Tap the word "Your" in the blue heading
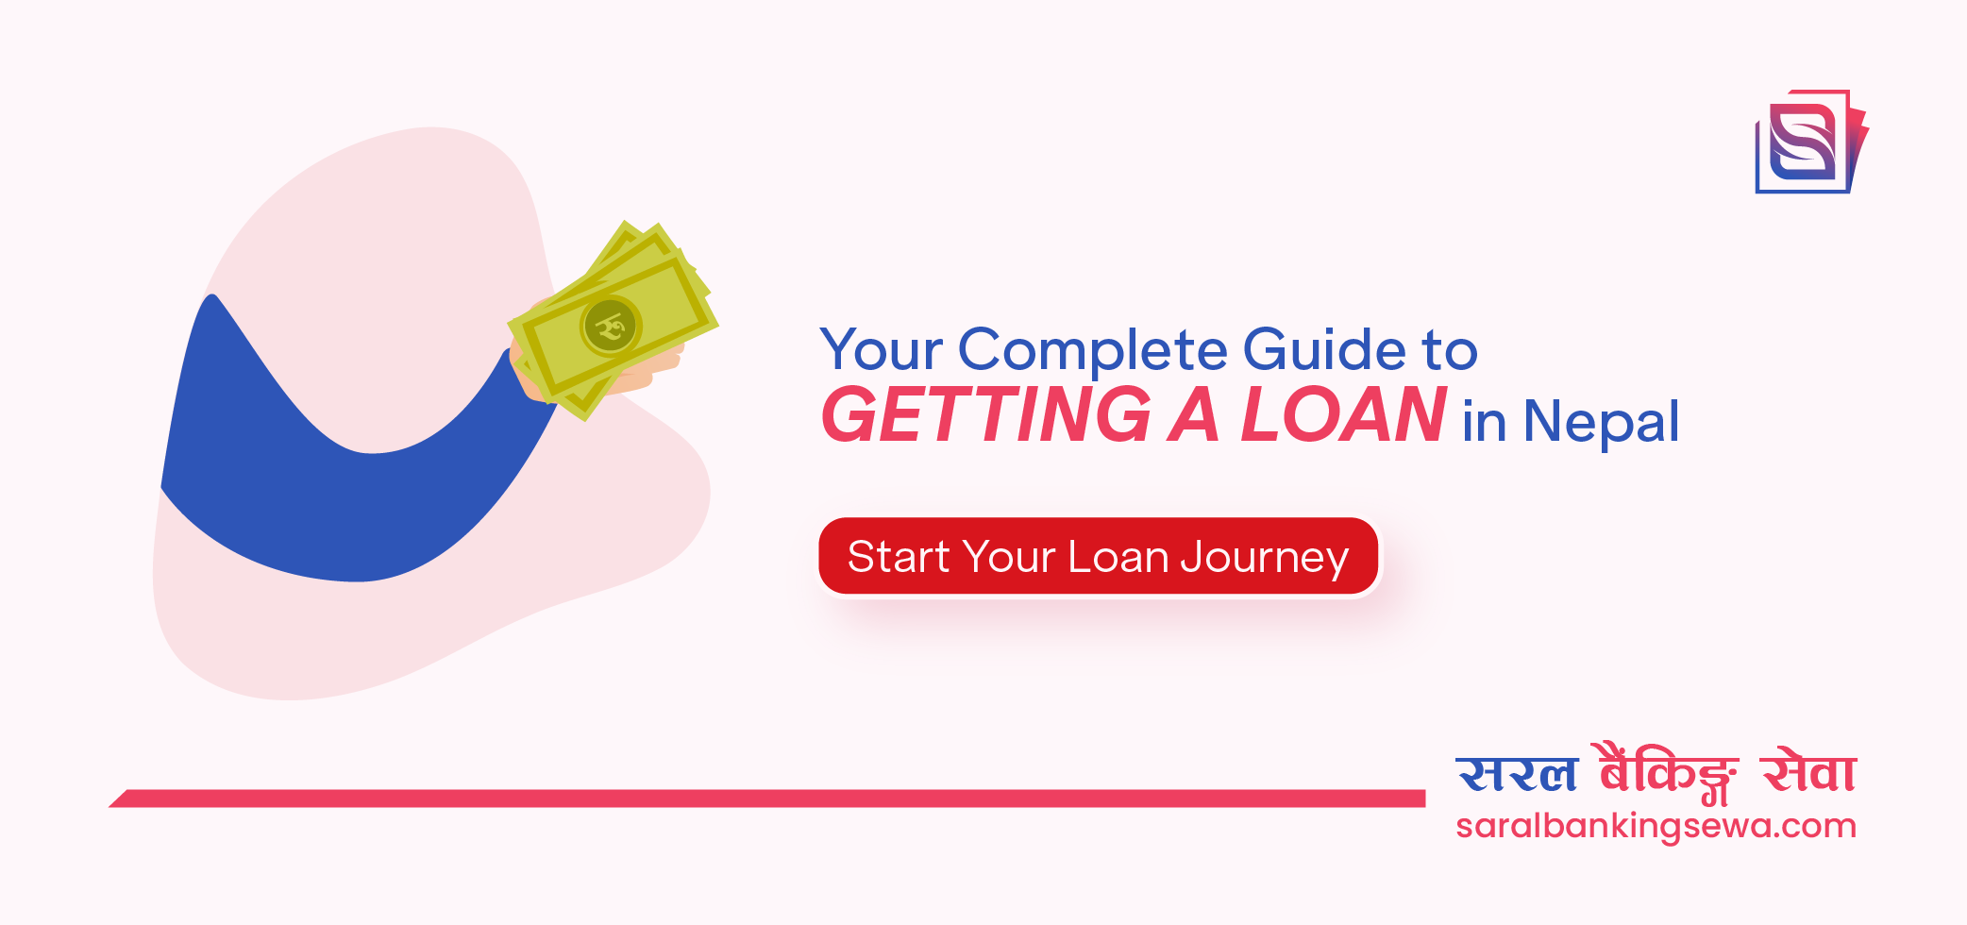(x=881, y=351)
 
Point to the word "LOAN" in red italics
(x=1342, y=415)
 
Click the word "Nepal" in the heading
(x=1601, y=422)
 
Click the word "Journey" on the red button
(x=1264, y=558)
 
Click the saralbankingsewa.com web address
(x=1656, y=826)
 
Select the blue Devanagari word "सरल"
(x=1517, y=774)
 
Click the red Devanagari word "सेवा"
(x=1808, y=772)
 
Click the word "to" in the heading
(x=1449, y=351)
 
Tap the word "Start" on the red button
(x=898, y=558)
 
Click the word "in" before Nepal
(x=1484, y=422)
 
